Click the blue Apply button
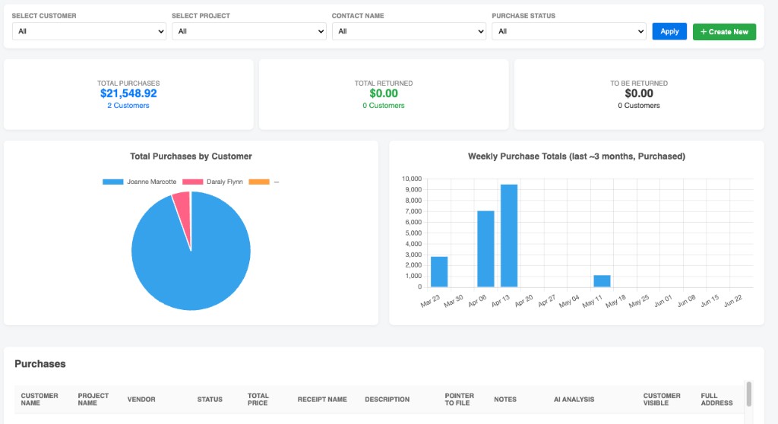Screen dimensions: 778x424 [669, 31]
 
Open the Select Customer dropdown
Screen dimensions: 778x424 [90, 31]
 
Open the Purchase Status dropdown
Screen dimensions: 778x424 [569, 31]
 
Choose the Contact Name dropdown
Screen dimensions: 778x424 [409, 31]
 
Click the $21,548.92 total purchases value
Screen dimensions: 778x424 [128, 93]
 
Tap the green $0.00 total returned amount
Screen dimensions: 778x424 [384, 93]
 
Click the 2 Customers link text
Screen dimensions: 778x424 [128, 106]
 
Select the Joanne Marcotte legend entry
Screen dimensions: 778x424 [140, 182]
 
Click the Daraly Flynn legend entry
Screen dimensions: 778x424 [213, 182]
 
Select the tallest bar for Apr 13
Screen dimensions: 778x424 [509, 236]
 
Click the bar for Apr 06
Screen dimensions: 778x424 [485, 248]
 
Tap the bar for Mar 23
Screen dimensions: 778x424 [439, 271]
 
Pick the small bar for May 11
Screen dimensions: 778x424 [602, 281]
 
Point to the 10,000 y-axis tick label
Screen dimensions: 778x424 [412, 179]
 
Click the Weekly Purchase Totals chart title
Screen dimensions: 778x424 [577, 157]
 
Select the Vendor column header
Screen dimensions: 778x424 [141, 399]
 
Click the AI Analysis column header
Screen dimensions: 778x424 [574, 399]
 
